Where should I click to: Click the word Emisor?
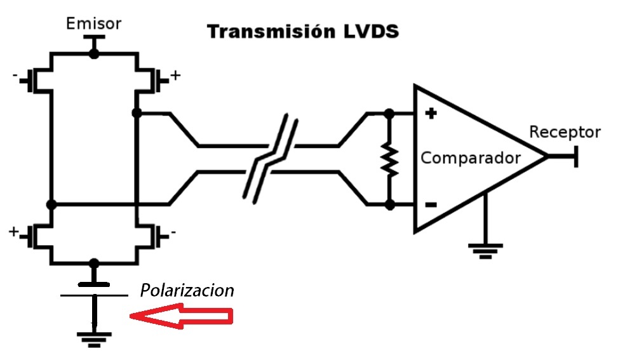pos(94,24)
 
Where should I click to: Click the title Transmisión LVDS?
pos(302,31)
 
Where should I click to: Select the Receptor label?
pos(565,132)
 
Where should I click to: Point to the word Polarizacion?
pos(187,291)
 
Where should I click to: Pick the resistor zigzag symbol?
pos(389,159)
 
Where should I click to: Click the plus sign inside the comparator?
pos(431,114)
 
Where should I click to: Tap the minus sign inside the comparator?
pos(431,204)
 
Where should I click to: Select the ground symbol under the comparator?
pos(487,250)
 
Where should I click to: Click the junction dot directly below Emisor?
pos(94,54)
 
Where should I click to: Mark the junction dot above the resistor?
pos(389,114)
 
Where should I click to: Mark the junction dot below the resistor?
pos(389,204)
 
